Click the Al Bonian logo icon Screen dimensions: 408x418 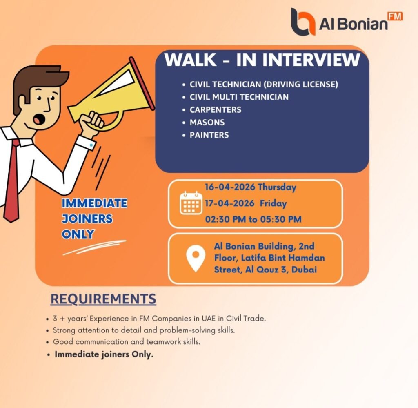pos(303,22)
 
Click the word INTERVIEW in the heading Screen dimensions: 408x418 pos(311,60)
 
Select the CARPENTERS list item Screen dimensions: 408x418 pos(215,110)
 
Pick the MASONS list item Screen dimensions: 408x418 pos(207,122)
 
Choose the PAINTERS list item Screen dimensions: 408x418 pos(209,135)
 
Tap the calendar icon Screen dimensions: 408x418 pos(191,203)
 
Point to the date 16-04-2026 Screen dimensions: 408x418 pos(230,187)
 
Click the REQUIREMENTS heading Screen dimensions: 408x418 pos(103,299)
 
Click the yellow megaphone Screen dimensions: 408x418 pos(114,96)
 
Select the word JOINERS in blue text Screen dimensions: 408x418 pos(87,219)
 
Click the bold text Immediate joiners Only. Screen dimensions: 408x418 pos(104,354)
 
